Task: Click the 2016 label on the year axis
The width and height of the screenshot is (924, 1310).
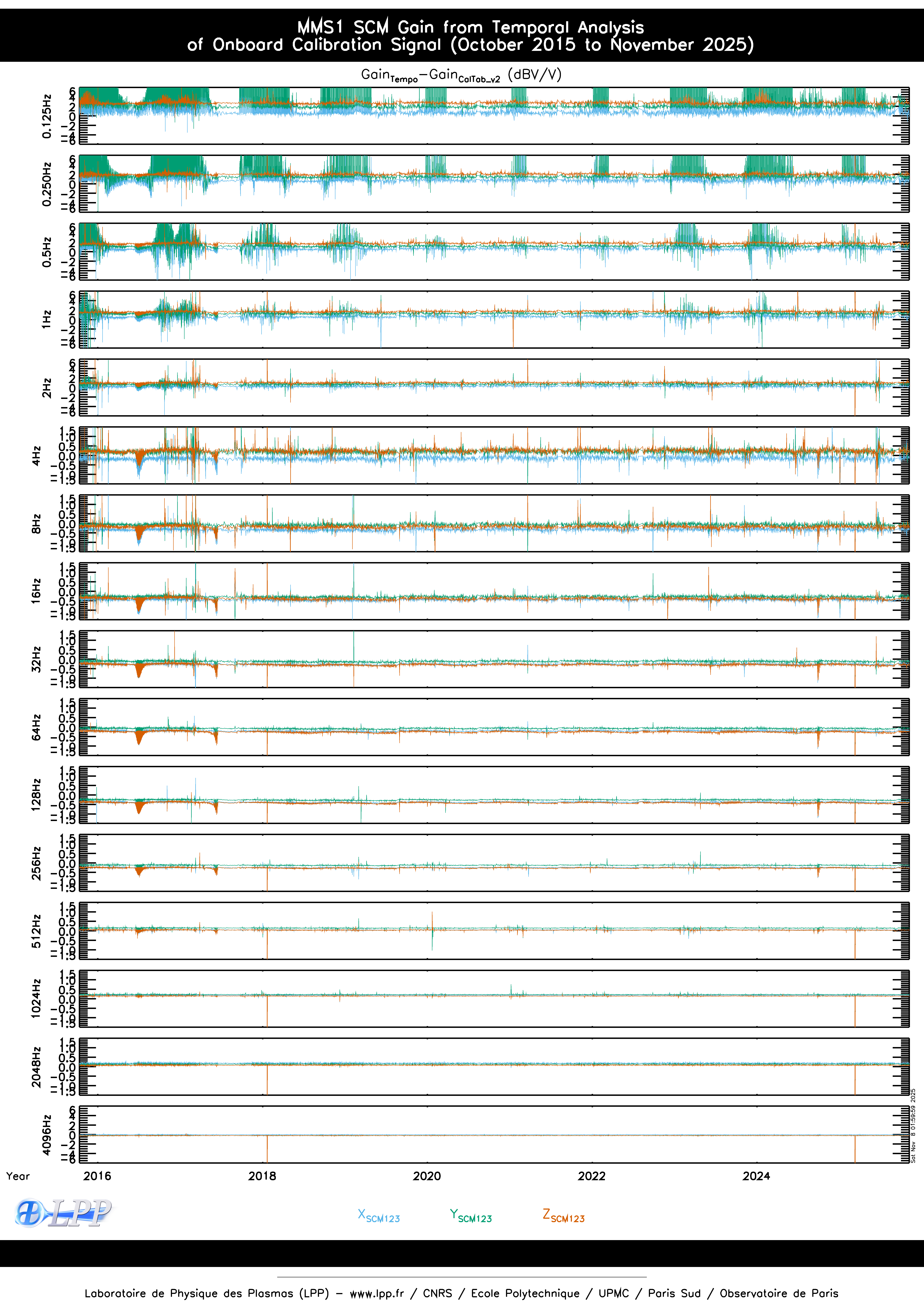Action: point(97,1176)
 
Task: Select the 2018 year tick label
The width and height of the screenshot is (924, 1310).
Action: point(262,1176)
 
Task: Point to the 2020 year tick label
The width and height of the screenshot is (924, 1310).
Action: point(427,1176)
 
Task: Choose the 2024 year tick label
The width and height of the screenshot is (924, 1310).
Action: point(756,1176)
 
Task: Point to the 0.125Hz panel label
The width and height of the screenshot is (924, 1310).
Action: point(47,116)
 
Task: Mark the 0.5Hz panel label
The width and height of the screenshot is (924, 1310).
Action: point(47,252)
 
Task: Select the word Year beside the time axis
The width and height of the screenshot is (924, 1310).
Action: point(18,1176)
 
